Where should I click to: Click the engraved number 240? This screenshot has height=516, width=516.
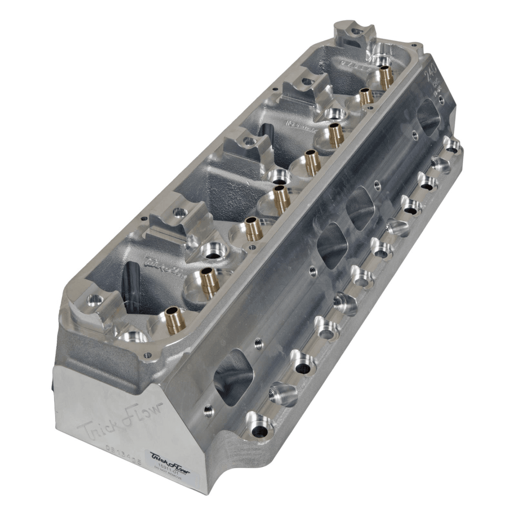430,74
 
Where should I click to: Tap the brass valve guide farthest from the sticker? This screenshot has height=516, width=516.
386,76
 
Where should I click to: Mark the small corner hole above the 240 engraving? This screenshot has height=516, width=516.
414,45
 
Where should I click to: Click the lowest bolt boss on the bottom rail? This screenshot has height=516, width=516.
258,424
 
